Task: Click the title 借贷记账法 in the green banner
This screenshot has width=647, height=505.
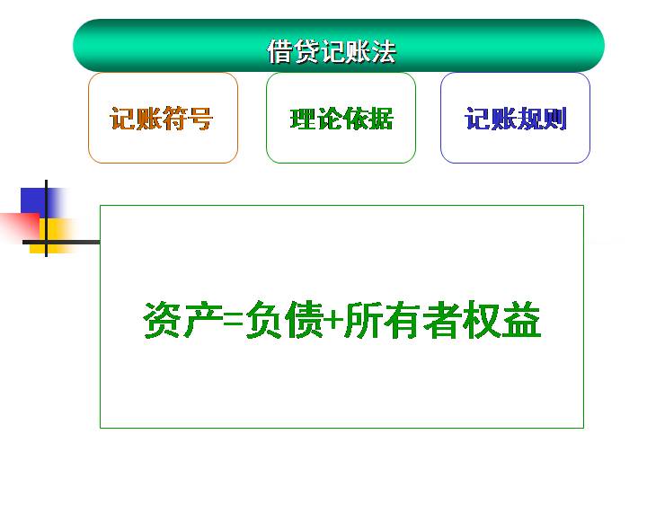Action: (332, 51)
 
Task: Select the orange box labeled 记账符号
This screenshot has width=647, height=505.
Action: (163, 118)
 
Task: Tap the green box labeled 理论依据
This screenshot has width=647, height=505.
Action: (341, 118)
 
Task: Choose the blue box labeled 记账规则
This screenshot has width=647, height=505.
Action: (516, 118)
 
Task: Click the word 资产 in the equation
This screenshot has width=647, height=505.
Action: (183, 320)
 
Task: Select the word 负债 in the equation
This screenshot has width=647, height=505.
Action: (284, 320)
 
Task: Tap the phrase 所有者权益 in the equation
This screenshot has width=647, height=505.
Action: (443, 320)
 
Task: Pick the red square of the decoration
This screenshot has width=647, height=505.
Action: (21, 226)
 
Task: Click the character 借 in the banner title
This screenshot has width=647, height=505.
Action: (279, 51)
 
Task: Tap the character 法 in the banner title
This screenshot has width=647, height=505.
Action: (384, 51)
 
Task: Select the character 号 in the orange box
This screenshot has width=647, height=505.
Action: (200, 119)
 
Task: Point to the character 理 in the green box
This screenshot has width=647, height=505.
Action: (303, 119)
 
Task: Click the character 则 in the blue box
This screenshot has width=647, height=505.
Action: (554, 119)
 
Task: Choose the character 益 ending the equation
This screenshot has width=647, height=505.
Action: (521, 320)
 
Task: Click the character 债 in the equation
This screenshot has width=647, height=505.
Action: (305, 320)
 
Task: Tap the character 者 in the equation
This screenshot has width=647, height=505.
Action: (442, 320)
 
